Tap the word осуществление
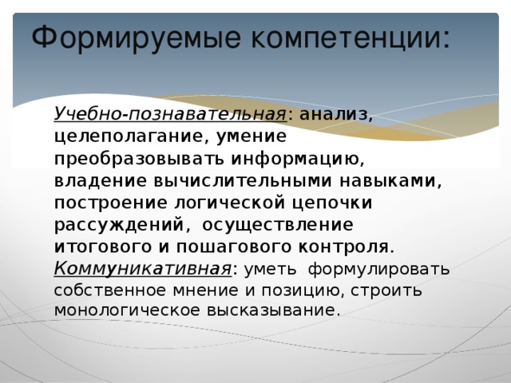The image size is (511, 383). [x=277, y=224]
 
